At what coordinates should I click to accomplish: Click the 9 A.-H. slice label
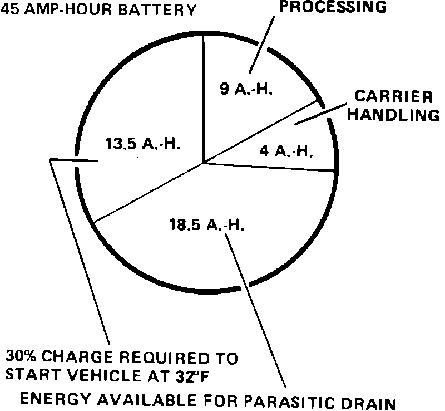246,90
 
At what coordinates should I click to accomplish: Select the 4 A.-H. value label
288,151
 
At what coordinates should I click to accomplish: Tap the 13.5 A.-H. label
143,143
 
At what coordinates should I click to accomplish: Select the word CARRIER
393,97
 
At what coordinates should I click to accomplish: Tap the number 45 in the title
11,9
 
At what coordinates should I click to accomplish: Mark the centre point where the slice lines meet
204,163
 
